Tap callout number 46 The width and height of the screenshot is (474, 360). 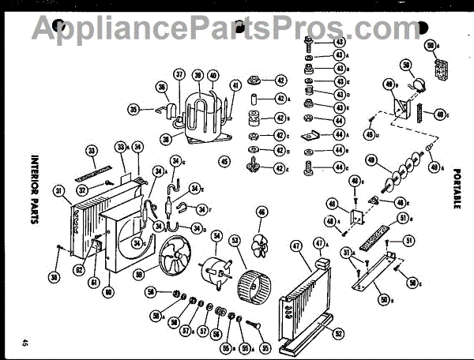click(261, 212)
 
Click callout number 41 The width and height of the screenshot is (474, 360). click(235, 85)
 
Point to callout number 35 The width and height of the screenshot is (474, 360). click(134, 109)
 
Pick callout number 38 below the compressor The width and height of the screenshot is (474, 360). click(165, 139)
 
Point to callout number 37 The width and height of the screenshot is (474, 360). click(179, 75)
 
